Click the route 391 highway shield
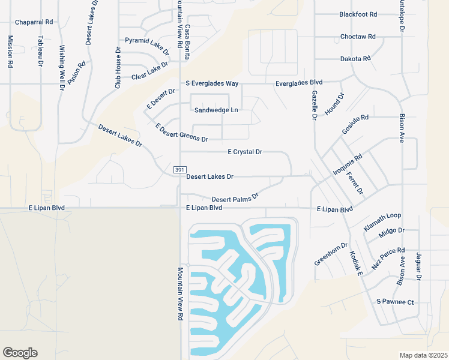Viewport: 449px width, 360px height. [x=179, y=170]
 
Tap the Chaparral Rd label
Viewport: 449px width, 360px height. [x=34, y=22]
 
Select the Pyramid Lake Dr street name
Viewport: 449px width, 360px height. [x=147, y=43]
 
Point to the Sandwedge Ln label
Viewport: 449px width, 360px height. [x=216, y=110]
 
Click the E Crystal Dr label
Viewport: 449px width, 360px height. [x=245, y=152]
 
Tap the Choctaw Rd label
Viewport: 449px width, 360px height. [x=358, y=37]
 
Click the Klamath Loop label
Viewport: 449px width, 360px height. [x=382, y=221]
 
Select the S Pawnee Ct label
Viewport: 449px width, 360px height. [x=396, y=301]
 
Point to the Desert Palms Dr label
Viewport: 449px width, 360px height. [x=235, y=197]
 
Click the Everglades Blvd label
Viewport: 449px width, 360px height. [x=299, y=83]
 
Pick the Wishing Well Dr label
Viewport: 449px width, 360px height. [x=62, y=67]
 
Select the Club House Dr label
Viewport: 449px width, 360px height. [x=118, y=67]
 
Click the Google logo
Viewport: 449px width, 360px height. [x=20, y=353]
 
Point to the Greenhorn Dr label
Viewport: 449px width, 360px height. [x=331, y=254]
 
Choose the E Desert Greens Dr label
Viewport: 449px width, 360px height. [x=181, y=133]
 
